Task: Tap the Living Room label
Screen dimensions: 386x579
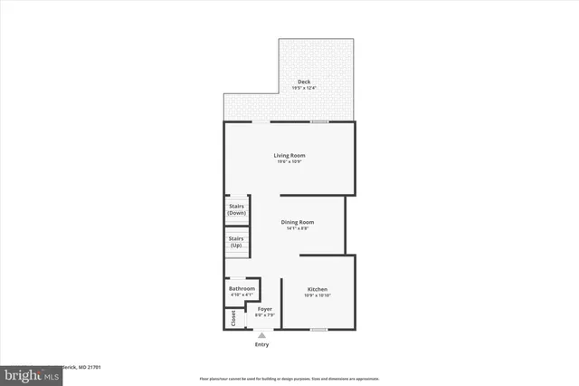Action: click(x=289, y=155)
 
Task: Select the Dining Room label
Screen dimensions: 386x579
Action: click(x=297, y=222)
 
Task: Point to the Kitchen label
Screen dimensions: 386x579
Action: click(x=317, y=290)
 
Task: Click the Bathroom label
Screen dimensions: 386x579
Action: click(x=242, y=289)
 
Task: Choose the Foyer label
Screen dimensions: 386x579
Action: click(x=264, y=309)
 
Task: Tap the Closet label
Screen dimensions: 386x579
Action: click(x=233, y=318)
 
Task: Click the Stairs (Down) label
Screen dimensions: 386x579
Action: click(x=237, y=209)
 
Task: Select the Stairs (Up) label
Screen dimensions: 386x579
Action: click(x=237, y=242)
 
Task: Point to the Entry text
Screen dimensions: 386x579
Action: click(x=262, y=344)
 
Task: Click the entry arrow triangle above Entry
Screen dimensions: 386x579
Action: click(x=262, y=335)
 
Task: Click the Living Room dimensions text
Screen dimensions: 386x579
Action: click(x=289, y=162)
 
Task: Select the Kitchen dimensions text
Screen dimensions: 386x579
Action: click(x=317, y=296)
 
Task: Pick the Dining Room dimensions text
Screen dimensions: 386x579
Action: click(x=297, y=228)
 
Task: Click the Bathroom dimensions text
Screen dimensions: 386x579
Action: click(x=242, y=295)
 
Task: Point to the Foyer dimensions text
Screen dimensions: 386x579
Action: click(x=264, y=315)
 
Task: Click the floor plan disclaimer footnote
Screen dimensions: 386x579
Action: click(x=289, y=378)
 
